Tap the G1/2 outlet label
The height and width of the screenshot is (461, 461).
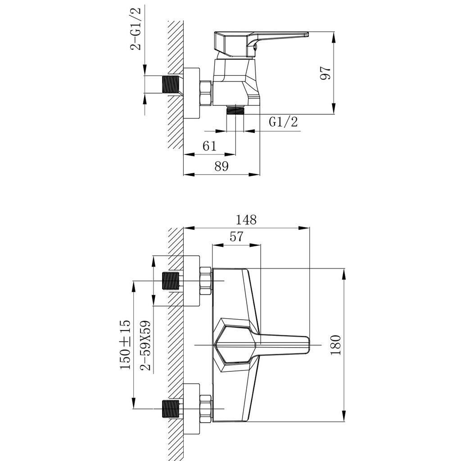point(284,122)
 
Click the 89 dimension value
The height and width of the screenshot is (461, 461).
point(221,166)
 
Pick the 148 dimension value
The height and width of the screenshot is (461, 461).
point(246,220)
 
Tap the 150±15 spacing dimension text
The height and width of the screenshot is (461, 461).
point(125,344)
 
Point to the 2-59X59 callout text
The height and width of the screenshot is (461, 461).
point(145,346)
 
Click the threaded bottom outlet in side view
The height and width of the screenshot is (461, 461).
point(235,110)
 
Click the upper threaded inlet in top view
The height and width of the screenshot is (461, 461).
point(171,281)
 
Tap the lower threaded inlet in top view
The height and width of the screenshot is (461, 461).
point(171,409)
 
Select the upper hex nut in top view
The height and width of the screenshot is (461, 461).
point(205,281)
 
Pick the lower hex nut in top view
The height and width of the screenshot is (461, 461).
point(205,409)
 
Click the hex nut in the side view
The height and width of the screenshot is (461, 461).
point(205,93)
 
